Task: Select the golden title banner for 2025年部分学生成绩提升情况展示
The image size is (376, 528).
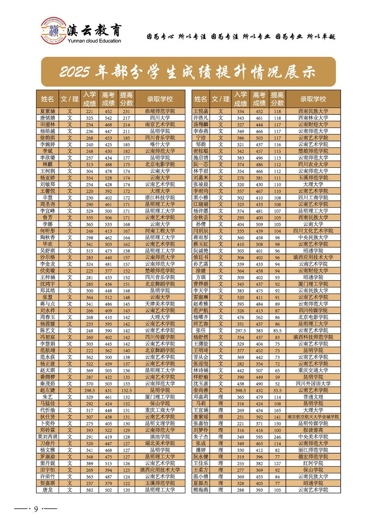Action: pyautogui.click(x=188, y=71)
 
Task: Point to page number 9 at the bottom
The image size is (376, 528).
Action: pyautogui.click(x=36, y=509)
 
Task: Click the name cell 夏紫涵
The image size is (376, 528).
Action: pyautogui.click(x=47, y=111)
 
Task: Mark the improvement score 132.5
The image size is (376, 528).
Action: pyautogui.click(x=127, y=390)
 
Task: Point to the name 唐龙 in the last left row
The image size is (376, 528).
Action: pyautogui.click(x=47, y=490)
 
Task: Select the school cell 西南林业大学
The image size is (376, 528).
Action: pyautogui.click(x=313, y=118)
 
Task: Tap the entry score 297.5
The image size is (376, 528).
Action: pyautogui.click(x=240, y=330)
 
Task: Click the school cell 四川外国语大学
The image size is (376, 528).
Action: pyautogui.click(x=313, y=383)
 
